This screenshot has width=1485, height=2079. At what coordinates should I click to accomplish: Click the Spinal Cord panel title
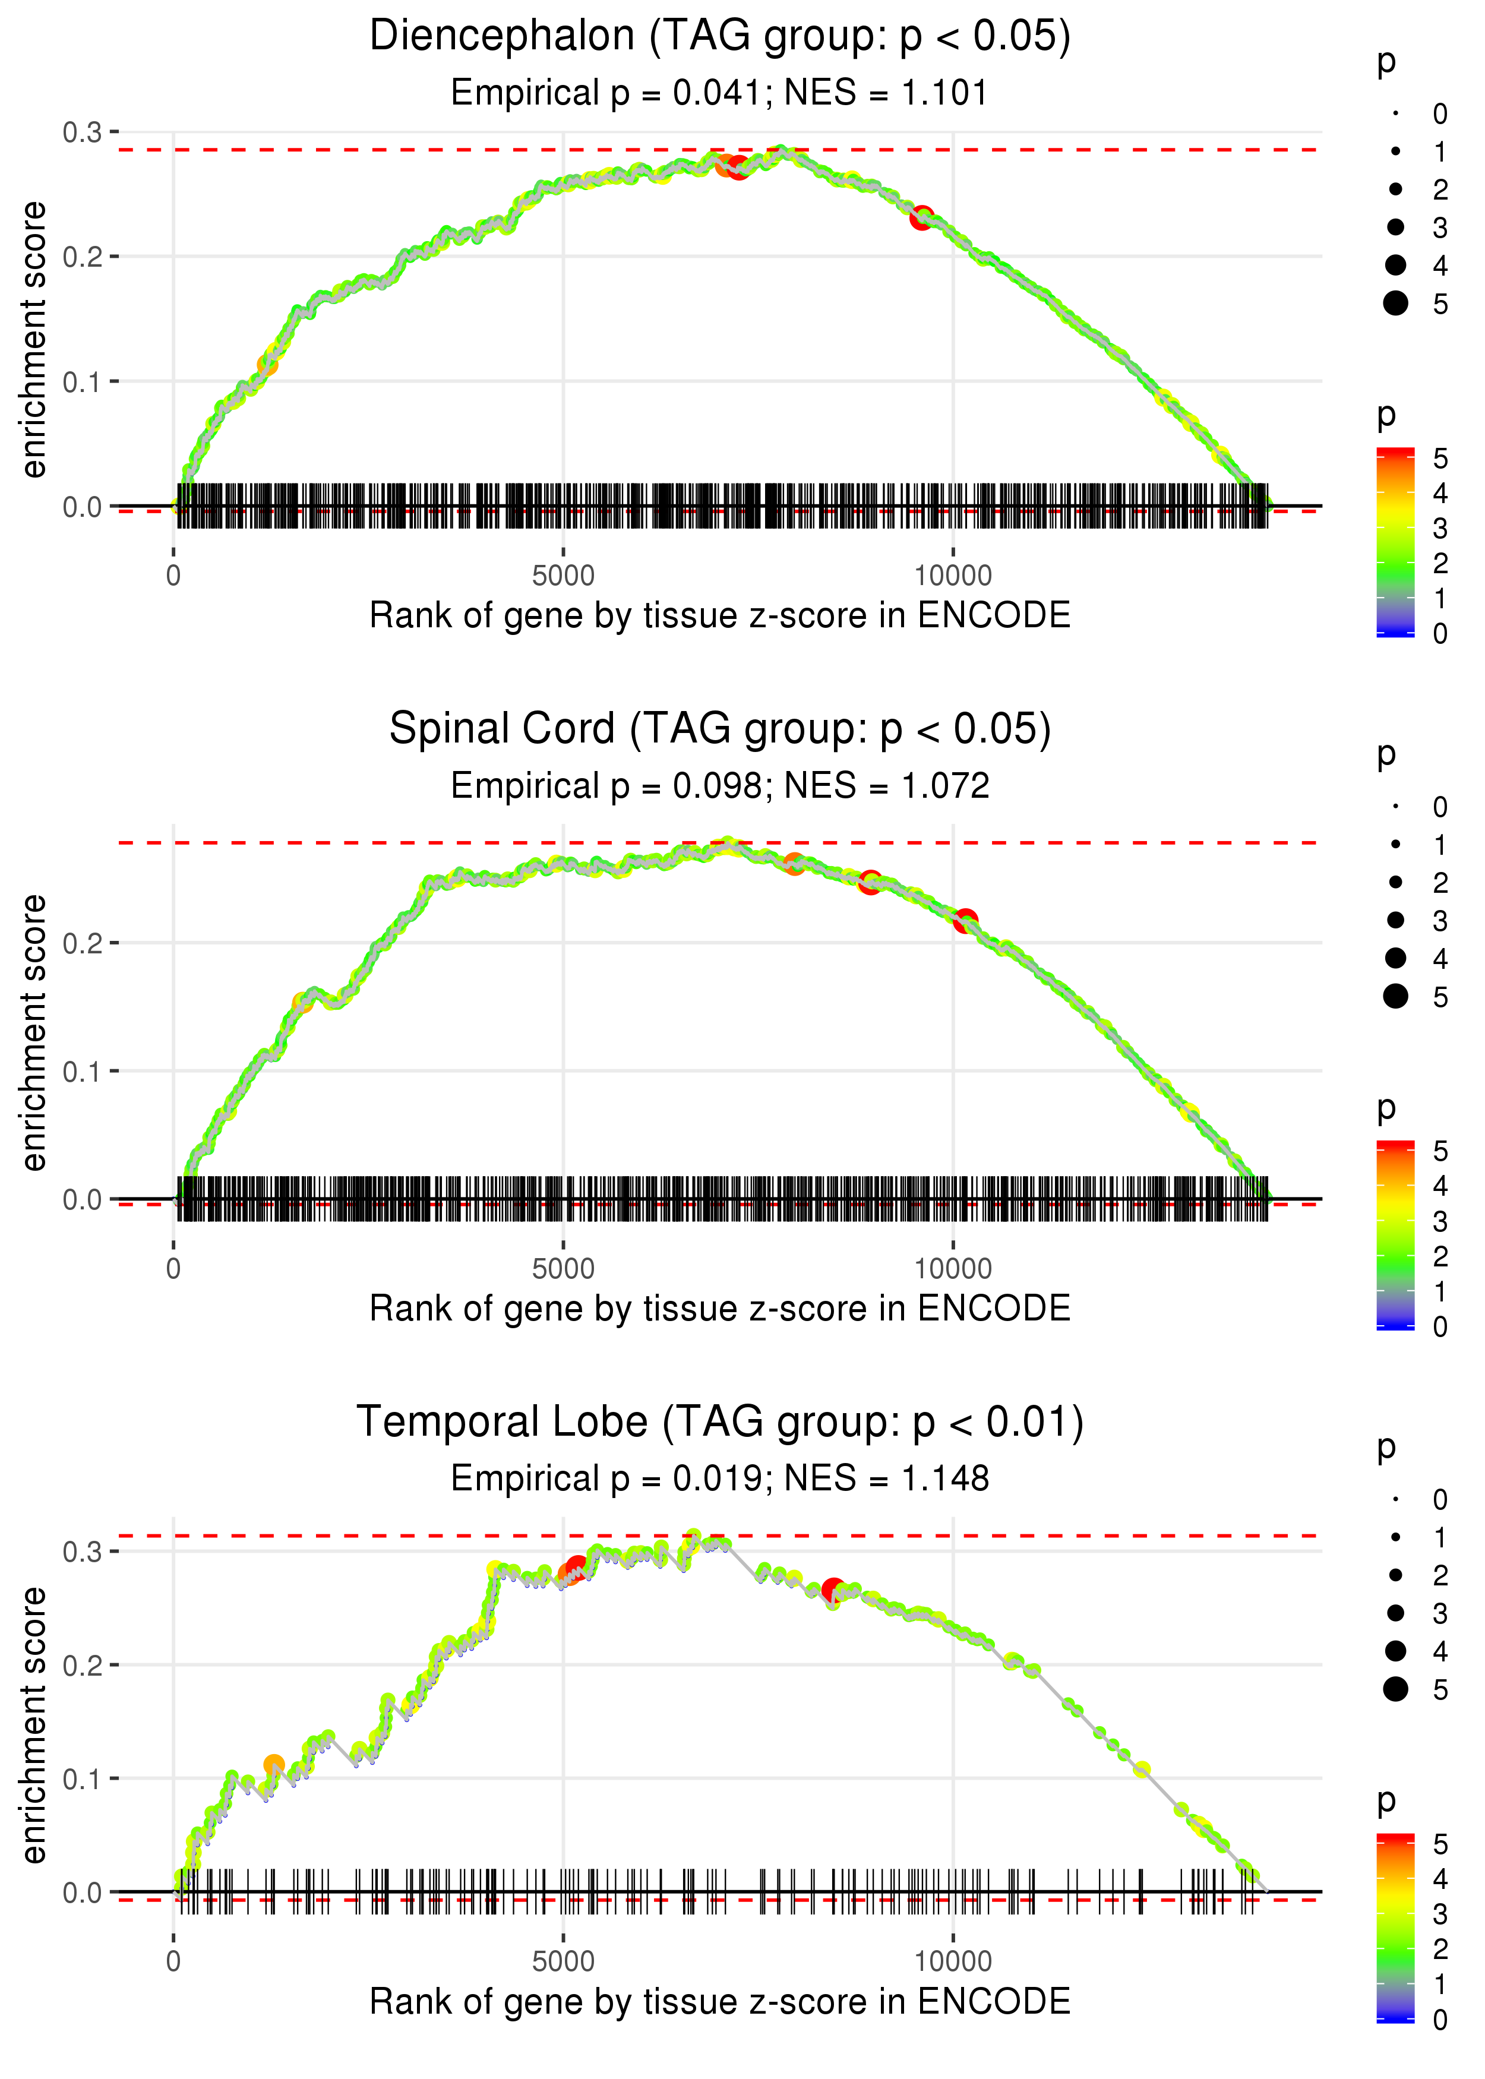(720, 729)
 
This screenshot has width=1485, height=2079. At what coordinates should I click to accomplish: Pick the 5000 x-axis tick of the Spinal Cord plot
(563, 1269)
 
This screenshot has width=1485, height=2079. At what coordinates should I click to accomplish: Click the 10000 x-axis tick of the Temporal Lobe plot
(953, 1962)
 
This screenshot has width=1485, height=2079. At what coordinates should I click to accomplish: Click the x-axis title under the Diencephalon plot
(720, 616)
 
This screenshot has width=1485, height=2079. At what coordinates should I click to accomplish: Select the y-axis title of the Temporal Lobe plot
(34, 1725)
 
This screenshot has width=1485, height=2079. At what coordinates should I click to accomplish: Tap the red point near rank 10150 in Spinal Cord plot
(965, 921)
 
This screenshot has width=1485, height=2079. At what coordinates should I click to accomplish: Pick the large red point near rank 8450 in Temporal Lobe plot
(832, 1590)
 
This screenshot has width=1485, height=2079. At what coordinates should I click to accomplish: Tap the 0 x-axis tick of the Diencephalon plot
(173, 576)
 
